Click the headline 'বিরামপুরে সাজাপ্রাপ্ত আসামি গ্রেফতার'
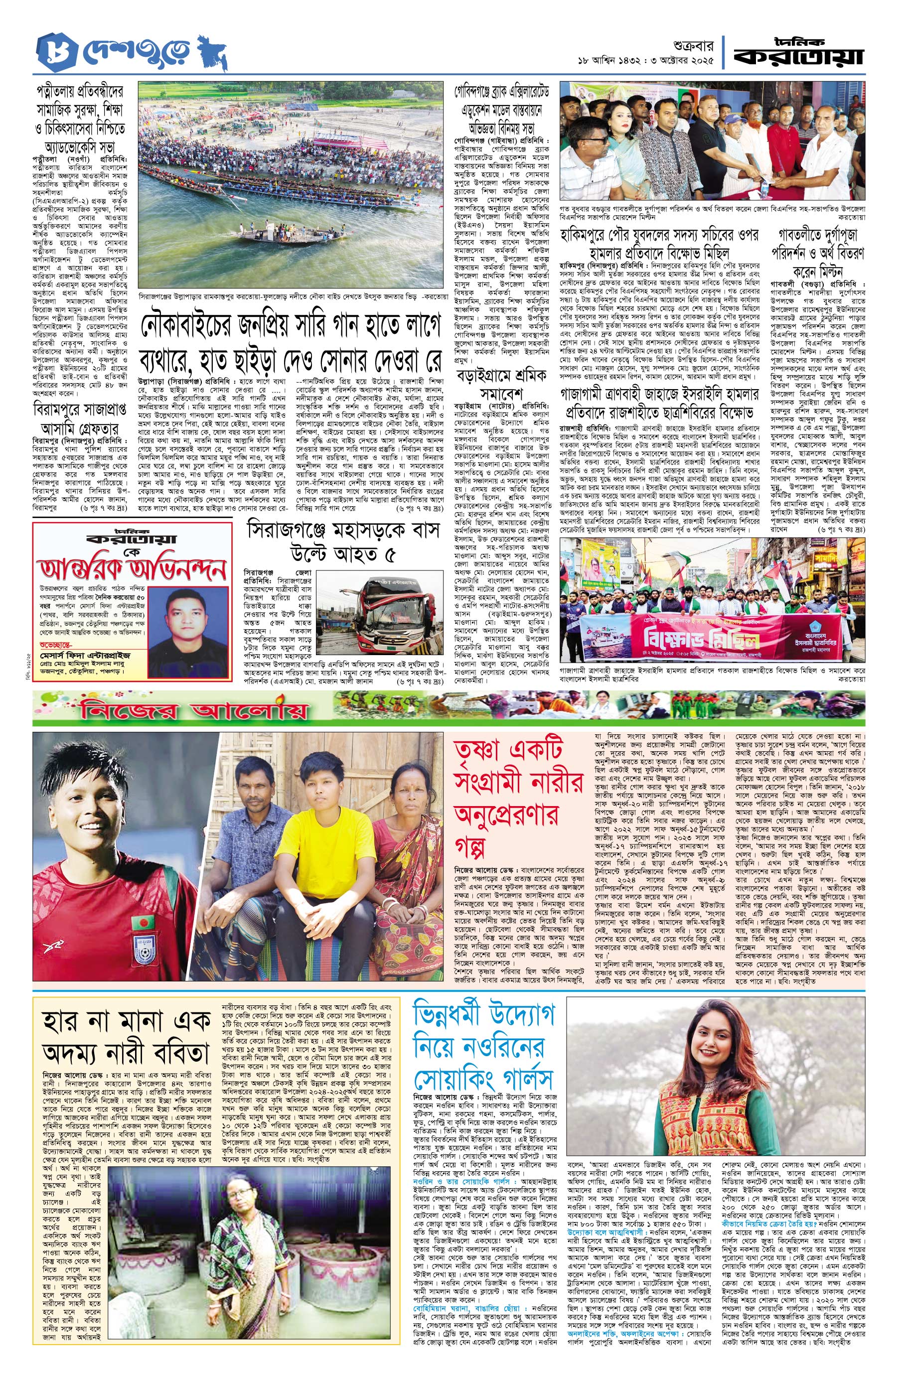pos(79,417)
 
